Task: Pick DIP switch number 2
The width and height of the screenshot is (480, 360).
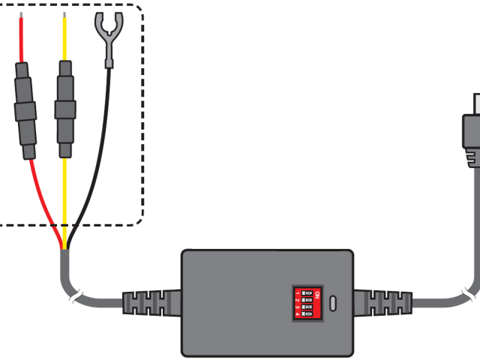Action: click(x=308, y=298)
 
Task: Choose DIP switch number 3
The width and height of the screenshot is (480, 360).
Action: click(x=308, y=305)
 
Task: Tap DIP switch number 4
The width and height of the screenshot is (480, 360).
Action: click(x=308, y=313)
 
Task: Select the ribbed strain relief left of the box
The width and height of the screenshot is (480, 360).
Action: click(x=149, y=304)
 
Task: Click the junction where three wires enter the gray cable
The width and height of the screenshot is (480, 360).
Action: click(x=65, y=248)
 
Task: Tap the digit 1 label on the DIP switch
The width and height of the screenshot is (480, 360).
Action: click(x=298, y=290)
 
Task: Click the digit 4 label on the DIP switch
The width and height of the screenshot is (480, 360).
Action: click(x=298, y=313)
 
